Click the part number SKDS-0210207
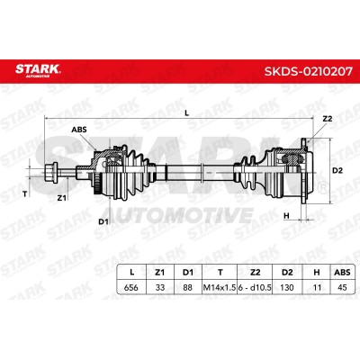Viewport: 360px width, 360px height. [309, 71]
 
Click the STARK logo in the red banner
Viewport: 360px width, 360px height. [38, 70]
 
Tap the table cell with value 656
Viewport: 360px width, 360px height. [131, 287]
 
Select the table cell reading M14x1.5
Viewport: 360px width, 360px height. [220, 287]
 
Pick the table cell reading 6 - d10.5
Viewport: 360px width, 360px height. [255, 287]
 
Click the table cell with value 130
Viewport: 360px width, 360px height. [287, 287]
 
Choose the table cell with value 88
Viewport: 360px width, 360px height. [188, 287]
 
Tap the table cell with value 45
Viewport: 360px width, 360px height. [342, 287]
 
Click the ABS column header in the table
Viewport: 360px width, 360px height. [342, 273]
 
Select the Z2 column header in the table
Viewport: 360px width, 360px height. [255, 273]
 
